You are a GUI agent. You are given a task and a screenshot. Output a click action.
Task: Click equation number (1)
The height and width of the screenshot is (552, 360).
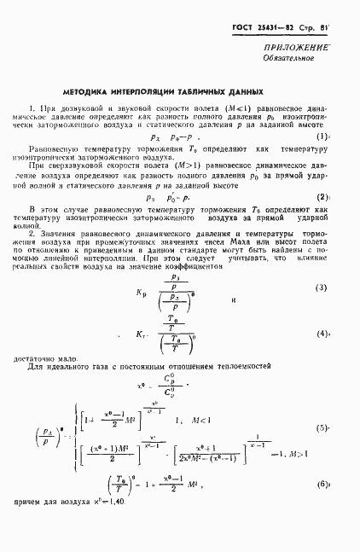point(322,137)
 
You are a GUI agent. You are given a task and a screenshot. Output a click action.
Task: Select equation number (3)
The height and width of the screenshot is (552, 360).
point(322,288)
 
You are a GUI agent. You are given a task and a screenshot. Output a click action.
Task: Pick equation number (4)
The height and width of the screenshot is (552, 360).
point(322,334)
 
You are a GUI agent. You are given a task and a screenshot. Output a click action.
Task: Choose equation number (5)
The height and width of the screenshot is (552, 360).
point(322,427)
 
